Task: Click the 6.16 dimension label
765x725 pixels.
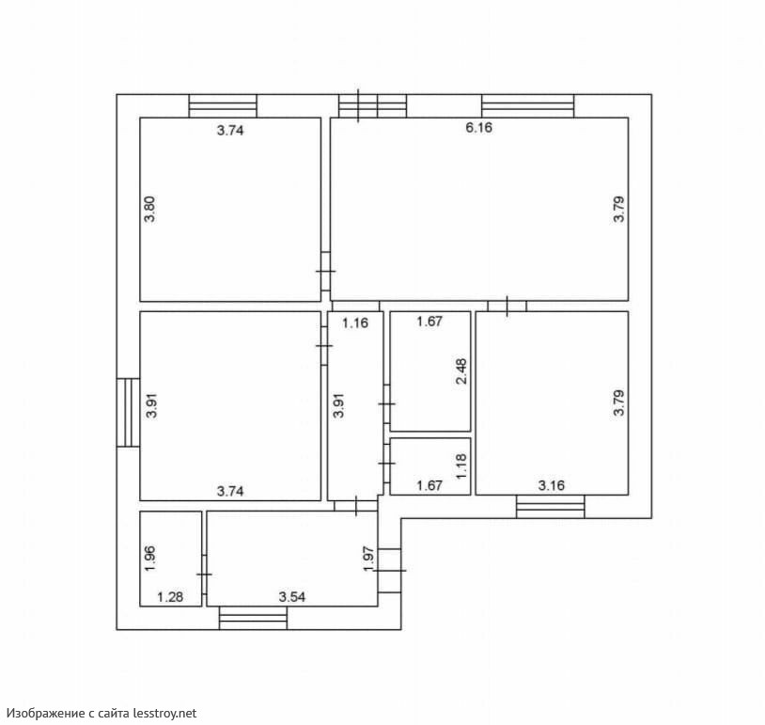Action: (478, 128)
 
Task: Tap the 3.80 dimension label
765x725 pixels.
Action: (149, 209)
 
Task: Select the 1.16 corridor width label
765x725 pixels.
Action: (354, 323)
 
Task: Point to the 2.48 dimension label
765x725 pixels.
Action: (461, 371)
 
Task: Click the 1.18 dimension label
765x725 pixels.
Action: (461, 465)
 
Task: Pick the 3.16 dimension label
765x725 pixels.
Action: (552, 485)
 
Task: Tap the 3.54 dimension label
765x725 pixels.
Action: (291, 596)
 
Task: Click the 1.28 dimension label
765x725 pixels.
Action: (170, 596)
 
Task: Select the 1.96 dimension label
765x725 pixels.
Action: (149, 559)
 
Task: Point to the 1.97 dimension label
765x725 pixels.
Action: (368, 559)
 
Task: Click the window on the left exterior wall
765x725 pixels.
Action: (129, 413)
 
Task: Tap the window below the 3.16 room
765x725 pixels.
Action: (551, 507)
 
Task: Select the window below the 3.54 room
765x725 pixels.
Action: (253, 618)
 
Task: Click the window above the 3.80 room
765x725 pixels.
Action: (223, 106)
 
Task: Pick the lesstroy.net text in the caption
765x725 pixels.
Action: (164, 714)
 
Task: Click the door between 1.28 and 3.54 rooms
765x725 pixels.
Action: (205, 575)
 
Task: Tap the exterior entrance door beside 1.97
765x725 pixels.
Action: (390, 570)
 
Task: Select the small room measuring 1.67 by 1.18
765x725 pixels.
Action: (430, 466)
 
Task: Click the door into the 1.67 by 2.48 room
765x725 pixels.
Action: (387, 404)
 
